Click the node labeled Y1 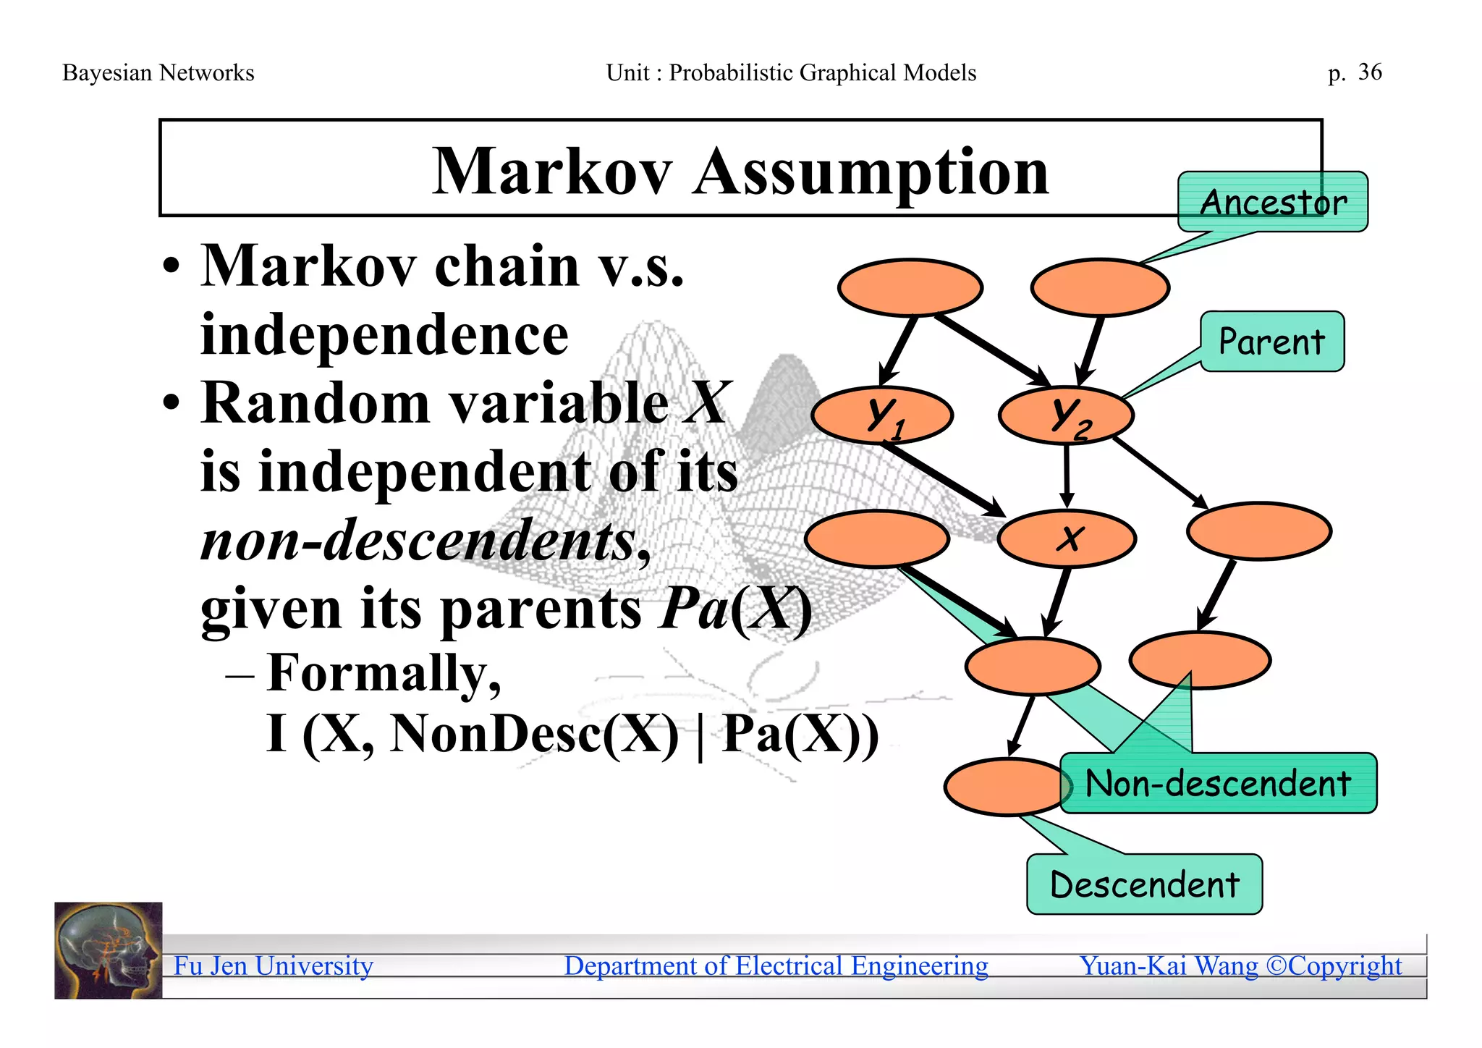coord(881,416)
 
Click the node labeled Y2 coord(1066,416)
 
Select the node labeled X coord(1067,538)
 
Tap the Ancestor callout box coord(1272,202)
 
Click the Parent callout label coord(1271,342)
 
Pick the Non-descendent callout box coord(1218,784)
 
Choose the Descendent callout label coord(1144,884)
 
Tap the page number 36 coord(1369,72)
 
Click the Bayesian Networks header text coord(158,72)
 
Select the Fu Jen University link coord(273,965)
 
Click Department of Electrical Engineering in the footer coord(776,965)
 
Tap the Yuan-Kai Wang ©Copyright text coord(1240,965)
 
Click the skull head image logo coord(109,950)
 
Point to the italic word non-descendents coord(418,540)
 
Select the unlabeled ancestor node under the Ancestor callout coord(1099,287)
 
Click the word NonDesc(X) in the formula coord(534,734)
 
